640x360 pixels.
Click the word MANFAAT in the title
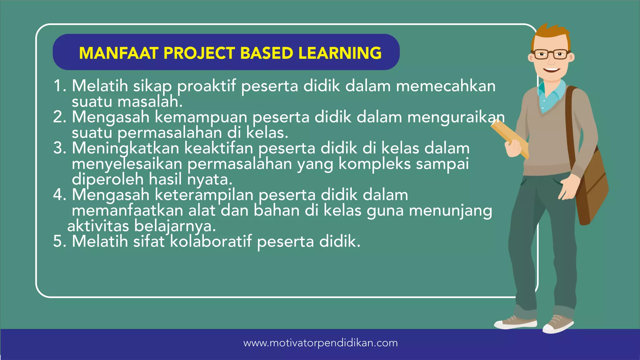pos(118,53)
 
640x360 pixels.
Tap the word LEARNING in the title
pos(340,53)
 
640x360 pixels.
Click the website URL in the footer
pos(320,343)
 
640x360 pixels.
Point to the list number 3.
pos(60,148)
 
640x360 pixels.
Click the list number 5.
pos(59,242)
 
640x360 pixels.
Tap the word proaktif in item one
pos(206,86)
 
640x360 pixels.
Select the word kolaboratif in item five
pos(211,242)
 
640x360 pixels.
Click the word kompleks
pos(374,164)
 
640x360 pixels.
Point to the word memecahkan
pos(446,86)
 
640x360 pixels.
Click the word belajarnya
pos(175,226)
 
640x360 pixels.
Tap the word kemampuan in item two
pos(201,117)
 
